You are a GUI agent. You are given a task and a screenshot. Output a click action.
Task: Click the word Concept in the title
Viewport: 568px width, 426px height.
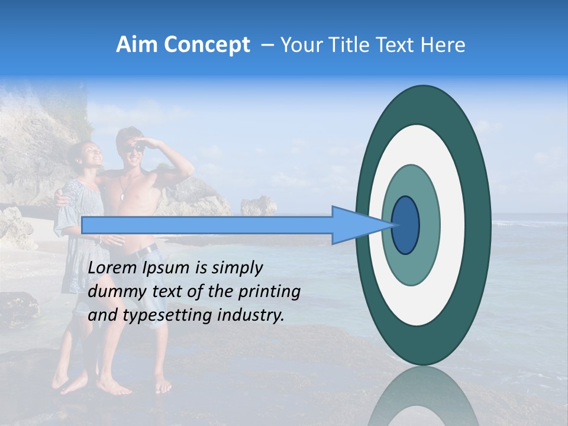[x=206, y=45]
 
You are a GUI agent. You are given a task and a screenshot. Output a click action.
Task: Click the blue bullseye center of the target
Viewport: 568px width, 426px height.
[x=406, y=225]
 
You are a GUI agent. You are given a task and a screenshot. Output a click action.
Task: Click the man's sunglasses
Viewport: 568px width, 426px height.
[x=135, y=147]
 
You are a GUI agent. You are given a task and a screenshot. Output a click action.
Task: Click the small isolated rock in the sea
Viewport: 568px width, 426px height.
[x=259, y=205]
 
